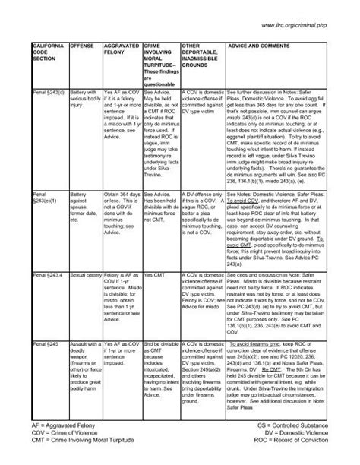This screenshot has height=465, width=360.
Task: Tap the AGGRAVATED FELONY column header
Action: pyautogui.click(x=118, y=50)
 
